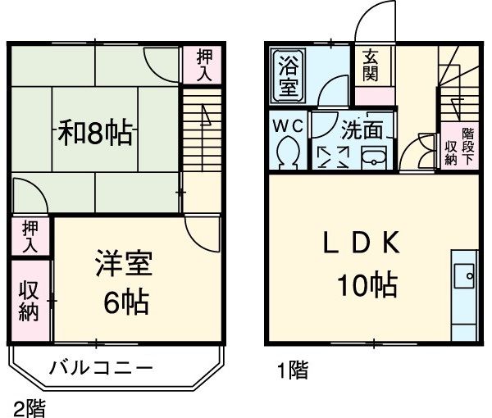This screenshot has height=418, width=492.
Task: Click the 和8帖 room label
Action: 95,133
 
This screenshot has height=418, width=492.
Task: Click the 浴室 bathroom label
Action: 288,75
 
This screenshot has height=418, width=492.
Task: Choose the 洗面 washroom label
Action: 362,129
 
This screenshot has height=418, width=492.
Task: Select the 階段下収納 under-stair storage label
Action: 460,147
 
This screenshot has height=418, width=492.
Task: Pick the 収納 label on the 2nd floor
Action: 29,301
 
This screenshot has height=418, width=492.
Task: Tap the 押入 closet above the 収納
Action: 30,236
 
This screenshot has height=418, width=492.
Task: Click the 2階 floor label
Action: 30,407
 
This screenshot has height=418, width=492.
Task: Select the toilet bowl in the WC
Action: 289,152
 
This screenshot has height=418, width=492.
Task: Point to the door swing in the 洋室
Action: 199,232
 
